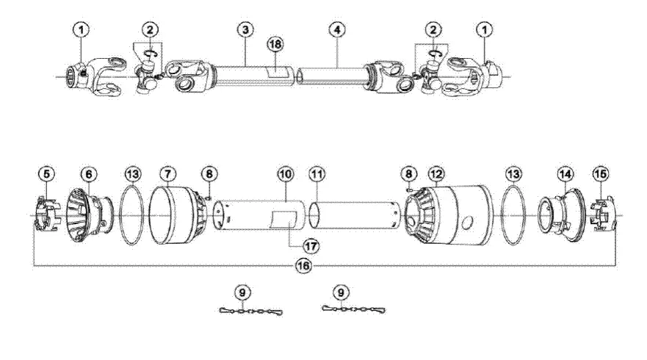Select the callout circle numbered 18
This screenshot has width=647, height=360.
click(x=274, y=45)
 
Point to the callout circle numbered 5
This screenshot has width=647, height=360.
click(x=47, y=174)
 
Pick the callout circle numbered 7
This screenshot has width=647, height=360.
click(x=170, y=174)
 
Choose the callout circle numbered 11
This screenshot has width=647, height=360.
click(x=317, y=174)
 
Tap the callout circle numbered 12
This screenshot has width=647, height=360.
click(x=436, y=174)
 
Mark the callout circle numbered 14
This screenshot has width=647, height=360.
click(x=564, y=174)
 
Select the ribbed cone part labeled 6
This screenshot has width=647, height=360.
click(x=87, y=216)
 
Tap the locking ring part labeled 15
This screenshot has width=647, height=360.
click(x=602, y=216)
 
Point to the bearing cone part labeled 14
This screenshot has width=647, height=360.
click(x=558, y=215)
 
